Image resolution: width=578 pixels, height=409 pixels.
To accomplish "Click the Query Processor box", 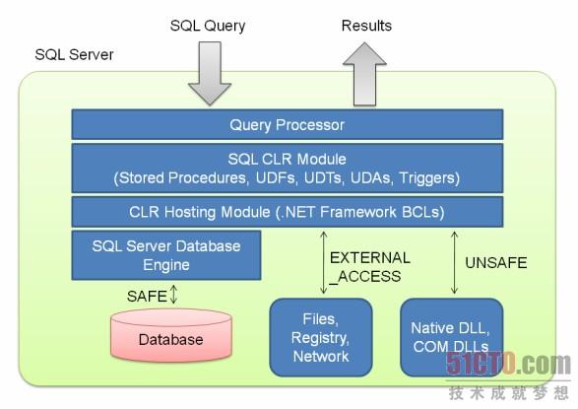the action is (288, 124).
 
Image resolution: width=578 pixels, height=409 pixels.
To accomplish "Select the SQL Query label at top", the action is (208, 26).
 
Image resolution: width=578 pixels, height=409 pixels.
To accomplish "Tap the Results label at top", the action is (366, 26).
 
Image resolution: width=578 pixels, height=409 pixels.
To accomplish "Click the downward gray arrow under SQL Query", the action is (210, 73).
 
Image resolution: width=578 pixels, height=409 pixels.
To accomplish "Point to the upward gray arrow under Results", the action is (364, 74).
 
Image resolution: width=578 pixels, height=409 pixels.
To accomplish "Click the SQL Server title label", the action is (74, 54).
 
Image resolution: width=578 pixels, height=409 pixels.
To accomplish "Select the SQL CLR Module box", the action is (288, 169).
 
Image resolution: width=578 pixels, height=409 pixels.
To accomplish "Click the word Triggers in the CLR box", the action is (429, 177).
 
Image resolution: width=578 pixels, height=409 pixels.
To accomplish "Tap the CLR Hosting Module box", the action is (288, 212).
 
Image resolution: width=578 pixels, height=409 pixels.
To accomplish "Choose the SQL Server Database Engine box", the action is (166, 255).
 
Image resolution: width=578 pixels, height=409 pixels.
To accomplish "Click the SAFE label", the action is (147, 296).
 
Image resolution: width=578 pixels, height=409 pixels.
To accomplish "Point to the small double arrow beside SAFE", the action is (173, 295).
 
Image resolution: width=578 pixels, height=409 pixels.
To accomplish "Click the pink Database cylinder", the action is (171, 335).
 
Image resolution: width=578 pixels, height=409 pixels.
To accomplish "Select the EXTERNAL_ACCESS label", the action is (369, 267).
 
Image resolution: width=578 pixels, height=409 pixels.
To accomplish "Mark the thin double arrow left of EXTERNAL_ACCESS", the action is (324, 262).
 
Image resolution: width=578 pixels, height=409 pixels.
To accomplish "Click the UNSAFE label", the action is (496, 262).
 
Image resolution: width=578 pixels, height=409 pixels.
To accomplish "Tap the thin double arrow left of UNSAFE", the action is (455, 262).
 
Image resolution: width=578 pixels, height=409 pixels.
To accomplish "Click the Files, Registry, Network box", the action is (321, 337).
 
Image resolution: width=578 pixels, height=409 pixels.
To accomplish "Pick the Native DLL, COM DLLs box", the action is (452, 337).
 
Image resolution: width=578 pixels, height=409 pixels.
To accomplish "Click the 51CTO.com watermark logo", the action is (508, 364).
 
